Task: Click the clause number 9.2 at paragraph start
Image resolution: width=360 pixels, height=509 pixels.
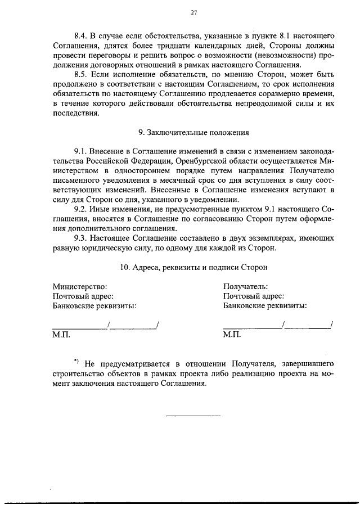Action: click(82, 210)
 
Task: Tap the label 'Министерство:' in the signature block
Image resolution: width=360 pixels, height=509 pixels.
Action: click(79, 287)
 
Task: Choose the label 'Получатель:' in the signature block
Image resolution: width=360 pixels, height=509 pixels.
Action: click(245, 287)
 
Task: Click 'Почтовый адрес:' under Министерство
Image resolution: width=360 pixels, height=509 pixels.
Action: click(83, 296)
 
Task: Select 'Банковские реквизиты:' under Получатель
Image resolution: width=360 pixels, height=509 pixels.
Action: click(264, 306)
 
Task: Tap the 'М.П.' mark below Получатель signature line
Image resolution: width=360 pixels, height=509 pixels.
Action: click(231, 335)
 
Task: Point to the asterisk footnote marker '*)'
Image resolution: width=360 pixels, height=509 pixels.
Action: click(77, 360)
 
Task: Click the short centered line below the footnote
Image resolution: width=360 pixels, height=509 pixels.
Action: click(193, 416)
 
